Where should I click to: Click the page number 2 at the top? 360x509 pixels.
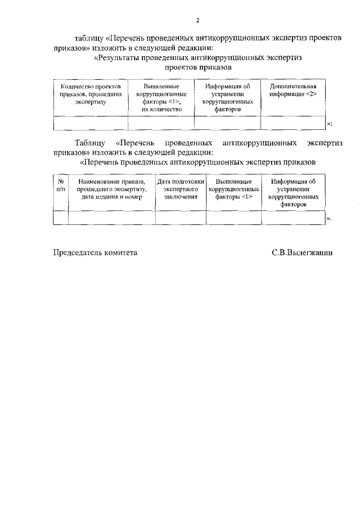point(197,21)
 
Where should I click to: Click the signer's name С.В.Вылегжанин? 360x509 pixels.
point(302,253)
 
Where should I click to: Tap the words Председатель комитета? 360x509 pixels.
point(95,253)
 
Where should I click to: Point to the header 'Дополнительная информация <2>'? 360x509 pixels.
point(293,91)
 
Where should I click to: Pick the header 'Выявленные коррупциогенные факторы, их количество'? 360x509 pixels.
point(161,98)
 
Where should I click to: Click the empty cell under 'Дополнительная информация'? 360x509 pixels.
point(293,123)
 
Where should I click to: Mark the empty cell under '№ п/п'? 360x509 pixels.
point(61,217)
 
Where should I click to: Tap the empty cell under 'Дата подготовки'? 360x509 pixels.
point(181,217)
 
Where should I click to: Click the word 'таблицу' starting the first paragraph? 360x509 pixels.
point(89,37)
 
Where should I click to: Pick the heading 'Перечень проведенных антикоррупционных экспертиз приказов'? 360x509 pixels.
point(198,162)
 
